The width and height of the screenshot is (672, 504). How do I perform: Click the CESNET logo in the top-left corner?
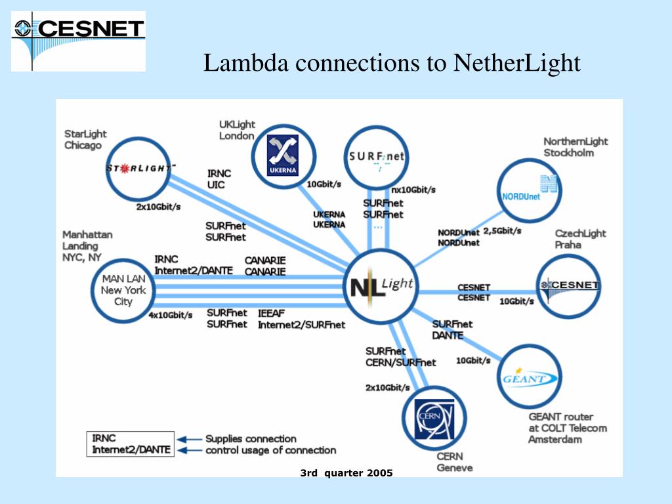pos(78,41)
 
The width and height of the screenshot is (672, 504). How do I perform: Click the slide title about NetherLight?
pos(392,63)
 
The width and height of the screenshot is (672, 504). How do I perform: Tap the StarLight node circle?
pos(139,168)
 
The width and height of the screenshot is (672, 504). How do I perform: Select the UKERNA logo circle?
pos(283,156)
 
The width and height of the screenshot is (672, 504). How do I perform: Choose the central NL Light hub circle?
pos(381,284)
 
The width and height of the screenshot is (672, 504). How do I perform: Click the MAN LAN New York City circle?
pos(123,290)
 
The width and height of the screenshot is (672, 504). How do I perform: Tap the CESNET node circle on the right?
pos(568,285)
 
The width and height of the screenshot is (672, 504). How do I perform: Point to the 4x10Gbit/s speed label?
pos(171,315)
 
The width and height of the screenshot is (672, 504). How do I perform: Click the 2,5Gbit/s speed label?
pos(502,230)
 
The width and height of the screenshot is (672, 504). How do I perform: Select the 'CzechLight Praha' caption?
pos(580,239)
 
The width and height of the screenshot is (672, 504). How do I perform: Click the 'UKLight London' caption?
pos(237,130)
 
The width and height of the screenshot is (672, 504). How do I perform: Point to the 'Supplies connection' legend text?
pos(251,438)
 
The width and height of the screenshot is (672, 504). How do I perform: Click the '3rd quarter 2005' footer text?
pos(346,472)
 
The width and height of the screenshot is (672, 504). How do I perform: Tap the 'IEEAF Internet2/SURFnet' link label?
pos(301,319)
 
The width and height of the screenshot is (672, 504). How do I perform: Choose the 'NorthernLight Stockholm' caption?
pos(576,147)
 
